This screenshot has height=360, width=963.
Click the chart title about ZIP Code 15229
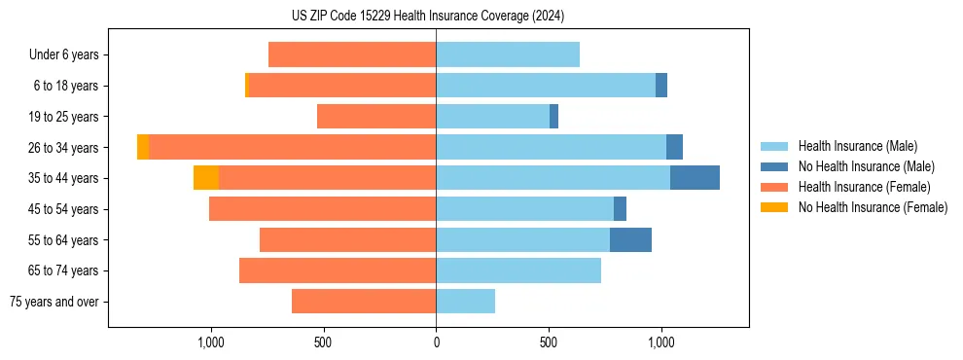click(427, 16)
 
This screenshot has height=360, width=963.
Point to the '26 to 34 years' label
click(64, 148)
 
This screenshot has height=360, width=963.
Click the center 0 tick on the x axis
click(436, 342)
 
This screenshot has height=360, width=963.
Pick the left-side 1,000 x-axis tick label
click(211, 342)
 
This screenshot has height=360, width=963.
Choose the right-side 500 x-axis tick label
click(549, 342)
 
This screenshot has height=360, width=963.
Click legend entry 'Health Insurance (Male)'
click(857, 146)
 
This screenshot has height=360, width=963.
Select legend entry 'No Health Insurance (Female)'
click(873, 207)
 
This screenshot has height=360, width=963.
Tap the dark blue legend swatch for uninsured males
click(774, 166)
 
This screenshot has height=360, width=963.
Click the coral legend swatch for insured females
click(774, 187)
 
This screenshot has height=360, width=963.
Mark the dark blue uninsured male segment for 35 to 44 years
click(695, 178)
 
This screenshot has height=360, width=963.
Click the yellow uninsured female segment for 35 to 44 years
click(206, 178)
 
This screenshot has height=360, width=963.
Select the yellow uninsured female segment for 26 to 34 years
click(143, 147)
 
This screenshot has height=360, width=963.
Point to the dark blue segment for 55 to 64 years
click(630, 239)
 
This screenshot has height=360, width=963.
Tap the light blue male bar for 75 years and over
click(465, 302)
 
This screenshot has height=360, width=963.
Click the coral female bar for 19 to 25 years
click(376, 117)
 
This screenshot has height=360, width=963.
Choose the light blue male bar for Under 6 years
click(508, 54)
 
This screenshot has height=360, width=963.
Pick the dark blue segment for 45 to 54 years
click(620, 209)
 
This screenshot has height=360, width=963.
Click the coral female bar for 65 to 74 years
click(338, 270)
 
